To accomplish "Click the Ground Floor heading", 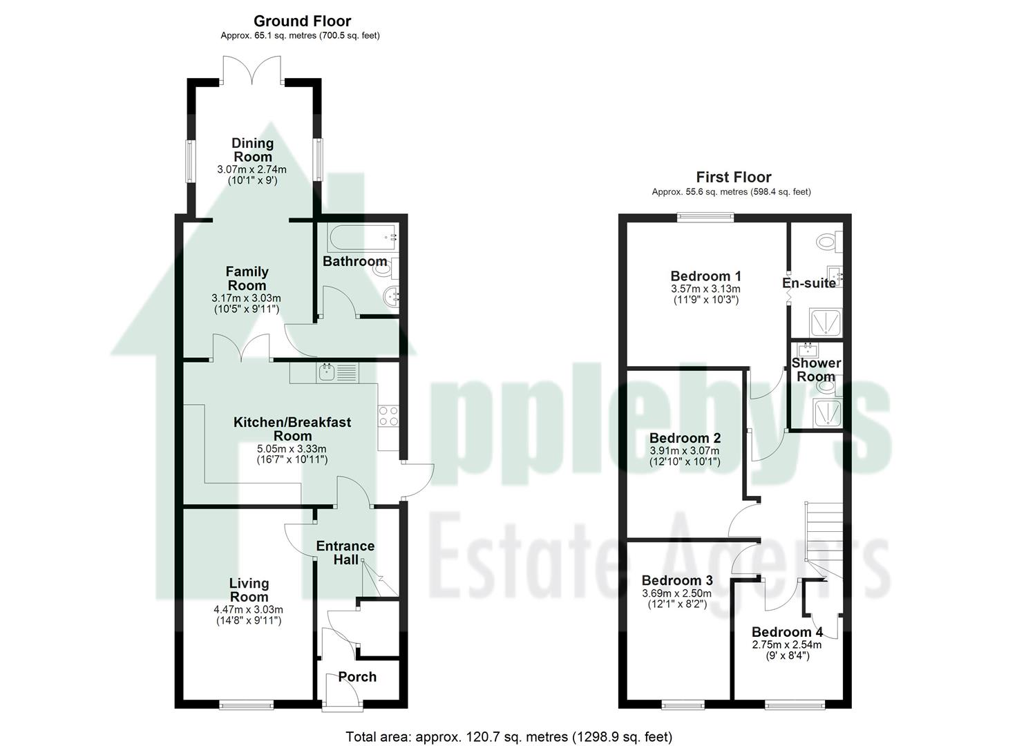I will click(x=302, y=21).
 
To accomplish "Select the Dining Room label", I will click(x=252, y=150).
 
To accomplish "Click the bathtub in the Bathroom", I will click(x=364, y=238).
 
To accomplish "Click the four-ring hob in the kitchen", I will click(x=388, y=416).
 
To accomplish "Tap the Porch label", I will click(x=357, y=677).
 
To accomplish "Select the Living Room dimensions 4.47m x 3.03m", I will click(x=249, y=610).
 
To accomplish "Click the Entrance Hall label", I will click(x=345, y=553).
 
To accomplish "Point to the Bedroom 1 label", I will click(x=705, y=276).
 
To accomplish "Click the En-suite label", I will click(x=808, y=283).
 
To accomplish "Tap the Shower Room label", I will click(x=816, y=370).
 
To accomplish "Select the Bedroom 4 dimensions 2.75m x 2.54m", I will click(x=787, y=645).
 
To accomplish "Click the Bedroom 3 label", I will click(x=677, y=580).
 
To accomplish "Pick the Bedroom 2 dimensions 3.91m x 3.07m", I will click(x=685, y=451).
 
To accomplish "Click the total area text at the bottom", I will click(x=509, y=737).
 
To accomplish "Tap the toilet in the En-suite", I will click(x=827, y=242).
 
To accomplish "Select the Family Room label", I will click(x=247, y=278).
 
